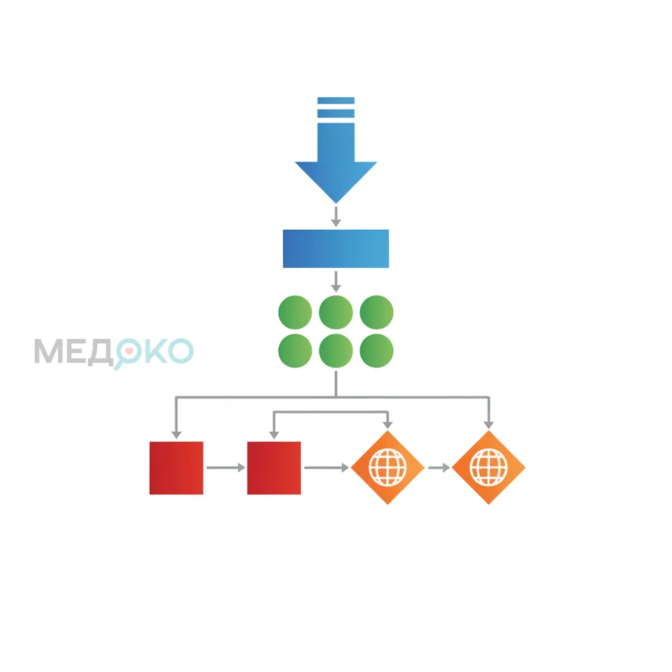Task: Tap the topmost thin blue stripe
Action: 336,100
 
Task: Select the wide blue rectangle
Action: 336,249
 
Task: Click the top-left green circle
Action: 295,312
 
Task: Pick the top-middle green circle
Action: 336,312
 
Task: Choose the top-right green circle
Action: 377,312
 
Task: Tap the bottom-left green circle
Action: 295,351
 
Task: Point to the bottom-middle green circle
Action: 336,351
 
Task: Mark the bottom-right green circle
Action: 377,351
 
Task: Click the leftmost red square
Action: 176,468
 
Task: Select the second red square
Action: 274,468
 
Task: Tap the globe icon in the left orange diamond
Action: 387,467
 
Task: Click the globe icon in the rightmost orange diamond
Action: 488,467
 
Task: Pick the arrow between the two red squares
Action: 226,467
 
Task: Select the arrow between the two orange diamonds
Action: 439,467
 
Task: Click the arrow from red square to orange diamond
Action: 327,467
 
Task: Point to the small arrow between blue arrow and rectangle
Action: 336,217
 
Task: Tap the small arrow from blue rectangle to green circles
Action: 336,282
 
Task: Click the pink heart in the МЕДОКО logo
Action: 129,351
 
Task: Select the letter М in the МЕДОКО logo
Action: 49,352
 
